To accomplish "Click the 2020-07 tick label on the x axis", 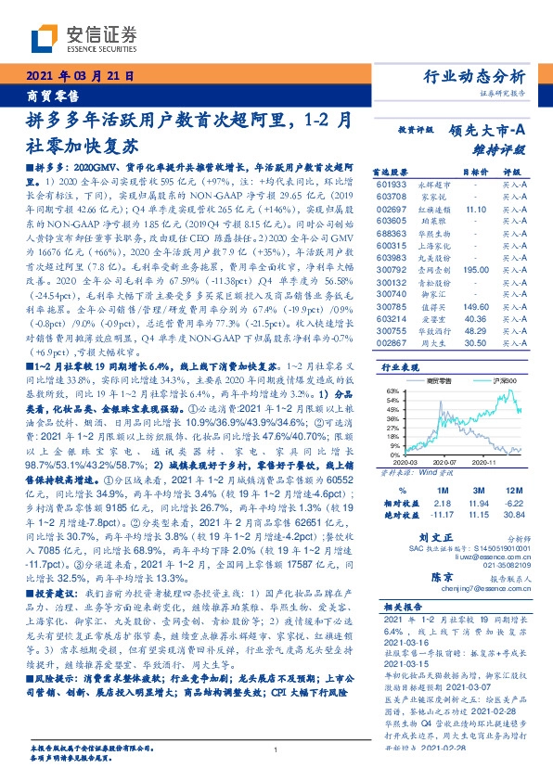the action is [444, 460].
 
